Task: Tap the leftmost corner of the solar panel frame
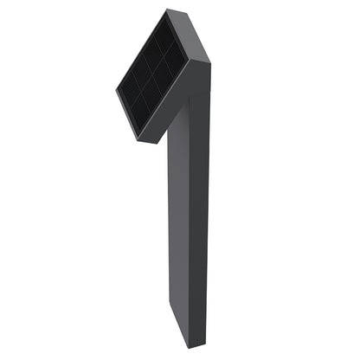click(116, 87)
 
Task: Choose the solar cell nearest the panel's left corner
click(128, 87)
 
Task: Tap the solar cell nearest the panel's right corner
click(177, 61)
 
